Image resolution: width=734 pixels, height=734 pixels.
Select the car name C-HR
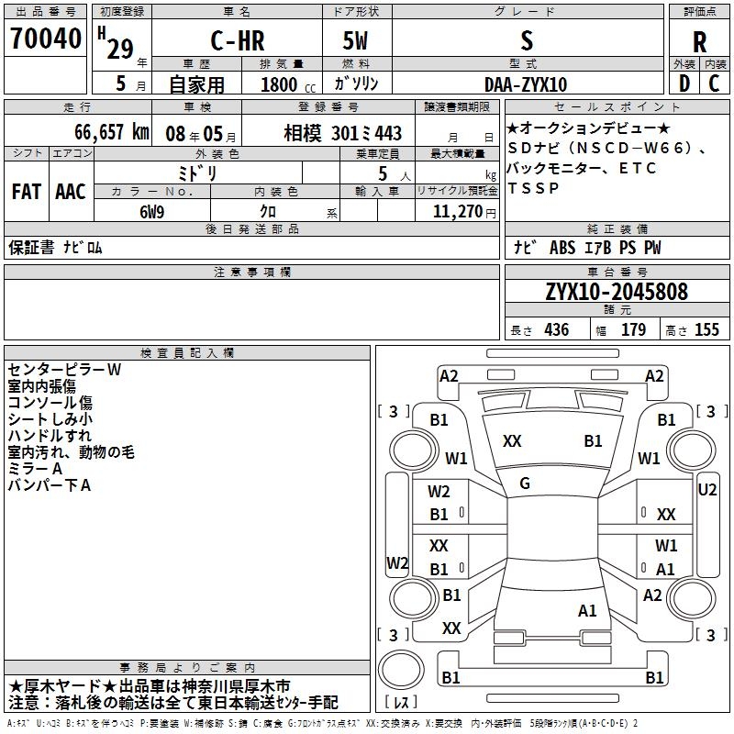(237, 40)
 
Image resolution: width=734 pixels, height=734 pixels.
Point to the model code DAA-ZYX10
(526, 84)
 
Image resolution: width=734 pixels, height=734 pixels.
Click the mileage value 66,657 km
(100, 132)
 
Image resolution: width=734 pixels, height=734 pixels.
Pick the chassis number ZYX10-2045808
(616, 292)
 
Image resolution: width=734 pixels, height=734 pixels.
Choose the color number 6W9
(151, 210)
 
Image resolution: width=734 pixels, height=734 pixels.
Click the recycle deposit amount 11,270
(457, 211)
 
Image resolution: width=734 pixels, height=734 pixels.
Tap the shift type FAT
(26, 192)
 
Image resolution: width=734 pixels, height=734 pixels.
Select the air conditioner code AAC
(70, 192)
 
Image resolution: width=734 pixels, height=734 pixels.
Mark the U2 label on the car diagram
(707, 489)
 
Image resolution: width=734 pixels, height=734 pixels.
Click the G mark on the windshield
(525, 484)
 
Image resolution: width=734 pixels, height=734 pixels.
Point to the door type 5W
(356, 40)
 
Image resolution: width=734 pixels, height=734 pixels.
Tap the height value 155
(706, 330)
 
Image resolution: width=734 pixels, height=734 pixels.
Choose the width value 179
(633, 330)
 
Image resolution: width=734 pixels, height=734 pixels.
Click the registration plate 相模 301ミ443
(343, 132)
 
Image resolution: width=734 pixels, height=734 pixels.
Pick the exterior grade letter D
(684, 84)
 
